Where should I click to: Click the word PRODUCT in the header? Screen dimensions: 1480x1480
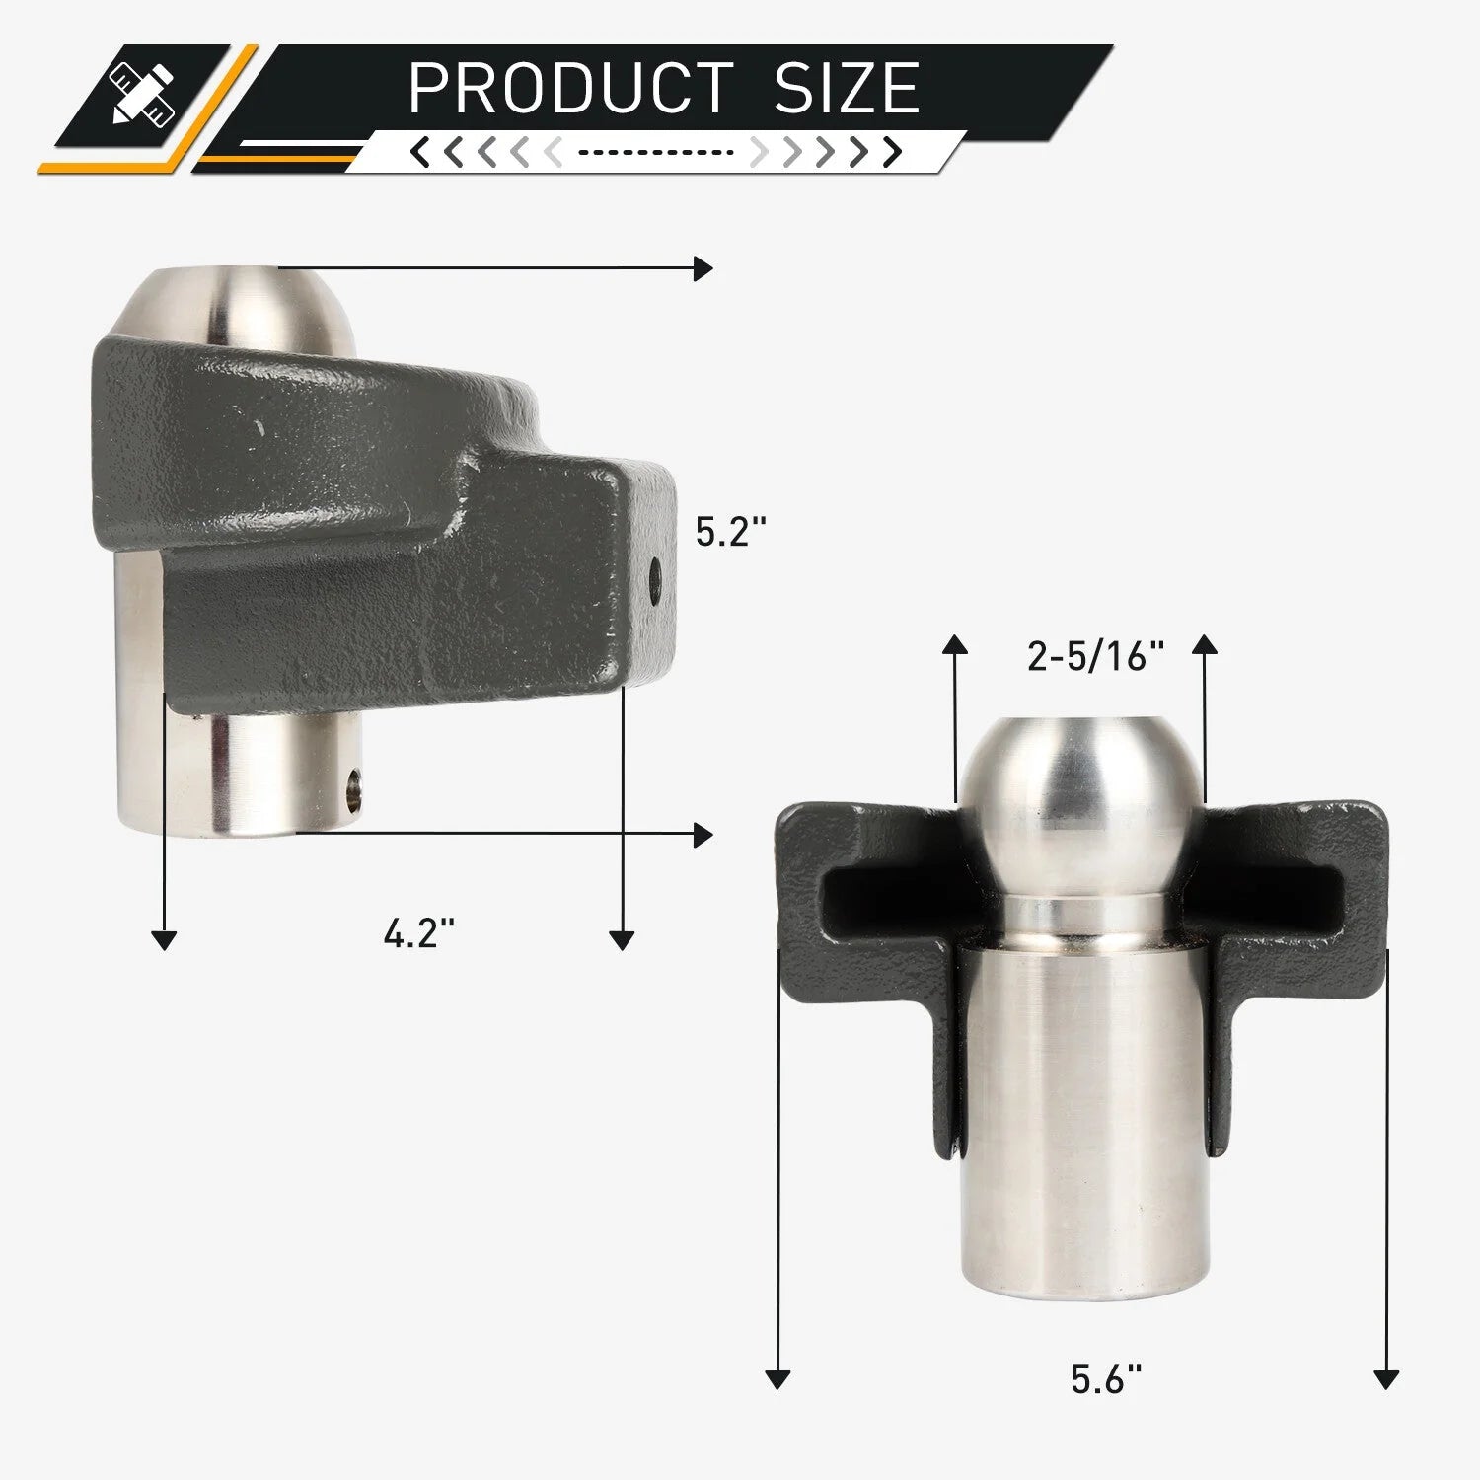coord(570,88)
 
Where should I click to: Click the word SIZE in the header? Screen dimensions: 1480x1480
coord(847,88)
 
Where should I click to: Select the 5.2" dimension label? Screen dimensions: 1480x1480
coord(730,532)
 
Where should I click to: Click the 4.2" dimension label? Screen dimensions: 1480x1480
coord(418,932)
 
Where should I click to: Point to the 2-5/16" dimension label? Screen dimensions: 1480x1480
coord(1095,656)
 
